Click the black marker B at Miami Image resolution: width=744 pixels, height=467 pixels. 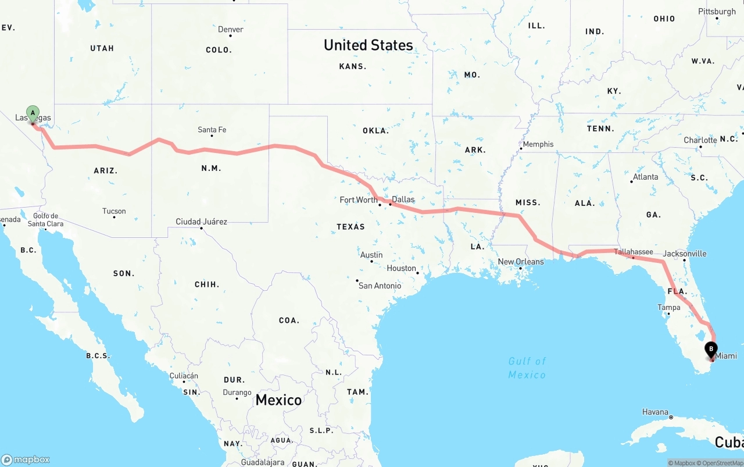(710, 350)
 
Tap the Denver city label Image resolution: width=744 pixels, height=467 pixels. (231, 30)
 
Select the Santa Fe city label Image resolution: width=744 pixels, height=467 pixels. (212, 130)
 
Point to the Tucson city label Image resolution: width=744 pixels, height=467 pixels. (114, 211)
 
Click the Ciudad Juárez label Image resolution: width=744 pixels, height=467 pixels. (201, 222)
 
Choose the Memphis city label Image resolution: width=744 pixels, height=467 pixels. (538, 144)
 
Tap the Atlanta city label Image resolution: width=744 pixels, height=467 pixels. (645, 177)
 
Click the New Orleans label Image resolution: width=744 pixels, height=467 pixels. (521, 262)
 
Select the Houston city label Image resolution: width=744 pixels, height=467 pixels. (402, 268)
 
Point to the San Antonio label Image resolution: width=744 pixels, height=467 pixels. (380, 286)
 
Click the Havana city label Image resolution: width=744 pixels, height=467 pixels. (655, 412)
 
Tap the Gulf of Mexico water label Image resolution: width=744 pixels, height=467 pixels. (527, 368)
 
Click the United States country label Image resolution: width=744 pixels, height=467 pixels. (369, 45)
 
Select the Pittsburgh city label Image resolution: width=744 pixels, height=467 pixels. (717, 12)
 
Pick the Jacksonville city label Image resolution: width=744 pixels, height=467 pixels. (685, 254)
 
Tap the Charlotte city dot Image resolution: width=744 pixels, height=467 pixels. (700, 147)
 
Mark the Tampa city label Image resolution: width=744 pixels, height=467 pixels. (668, 307)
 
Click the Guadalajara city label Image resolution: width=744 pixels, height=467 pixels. (263, 462)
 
